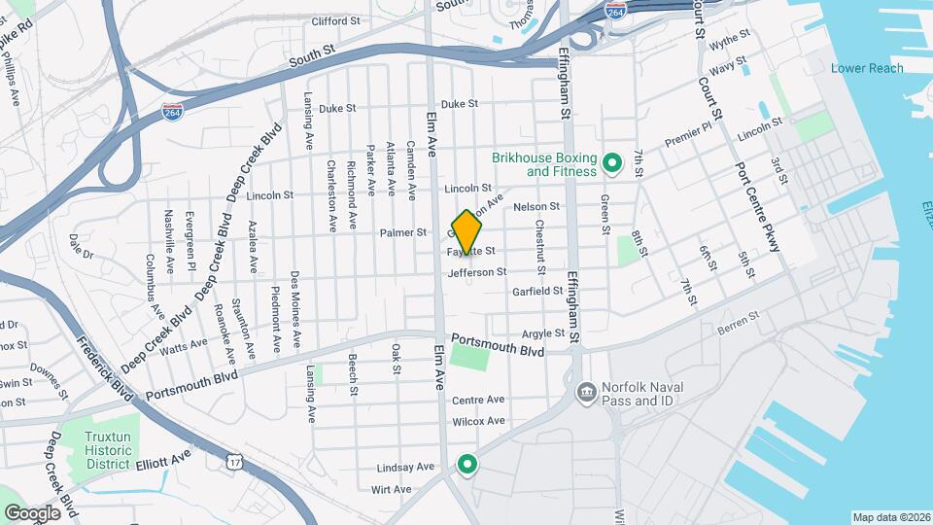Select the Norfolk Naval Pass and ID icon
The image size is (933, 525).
588,393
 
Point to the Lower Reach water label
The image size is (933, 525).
867,68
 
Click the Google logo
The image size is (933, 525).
32,512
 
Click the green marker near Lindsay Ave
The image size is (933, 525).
467,465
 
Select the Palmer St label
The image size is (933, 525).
403,232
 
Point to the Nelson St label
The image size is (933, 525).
536,206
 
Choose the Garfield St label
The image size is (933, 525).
538,291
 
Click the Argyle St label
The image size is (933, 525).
543,333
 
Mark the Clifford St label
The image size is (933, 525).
336,20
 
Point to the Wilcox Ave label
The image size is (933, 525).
479,421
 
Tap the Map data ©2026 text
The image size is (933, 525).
890,517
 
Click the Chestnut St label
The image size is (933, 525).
540,246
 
